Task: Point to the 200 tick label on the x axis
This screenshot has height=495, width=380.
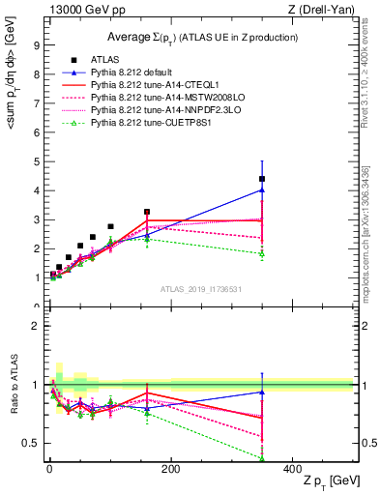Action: (170, 468)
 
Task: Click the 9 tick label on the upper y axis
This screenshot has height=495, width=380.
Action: (36, 44)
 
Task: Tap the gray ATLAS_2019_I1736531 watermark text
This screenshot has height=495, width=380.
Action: (201, 289)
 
